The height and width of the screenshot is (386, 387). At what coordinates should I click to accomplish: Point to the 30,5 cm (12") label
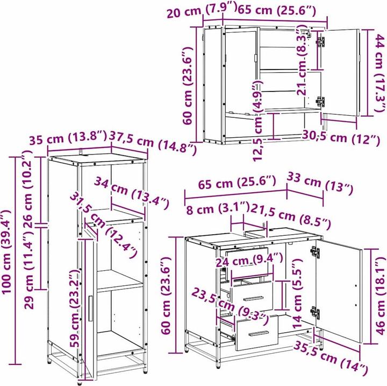point(341,138)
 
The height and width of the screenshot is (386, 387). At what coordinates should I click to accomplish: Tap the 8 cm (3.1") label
point(218,209)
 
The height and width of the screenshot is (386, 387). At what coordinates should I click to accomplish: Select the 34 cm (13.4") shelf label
point(132,192)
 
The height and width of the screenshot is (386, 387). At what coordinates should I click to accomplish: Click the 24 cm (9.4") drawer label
point(249,261)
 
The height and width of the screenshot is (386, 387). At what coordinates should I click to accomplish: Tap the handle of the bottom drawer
point(259,334)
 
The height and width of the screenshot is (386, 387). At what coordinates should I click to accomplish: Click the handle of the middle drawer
point(254,298)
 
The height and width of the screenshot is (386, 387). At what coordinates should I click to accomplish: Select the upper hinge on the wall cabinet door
point(320,41)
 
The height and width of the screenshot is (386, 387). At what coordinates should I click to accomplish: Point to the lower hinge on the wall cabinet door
point(320,102)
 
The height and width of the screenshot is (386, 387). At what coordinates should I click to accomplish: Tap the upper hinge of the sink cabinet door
point(315,252)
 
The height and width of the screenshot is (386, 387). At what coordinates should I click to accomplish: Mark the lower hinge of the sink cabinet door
point(315,312)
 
